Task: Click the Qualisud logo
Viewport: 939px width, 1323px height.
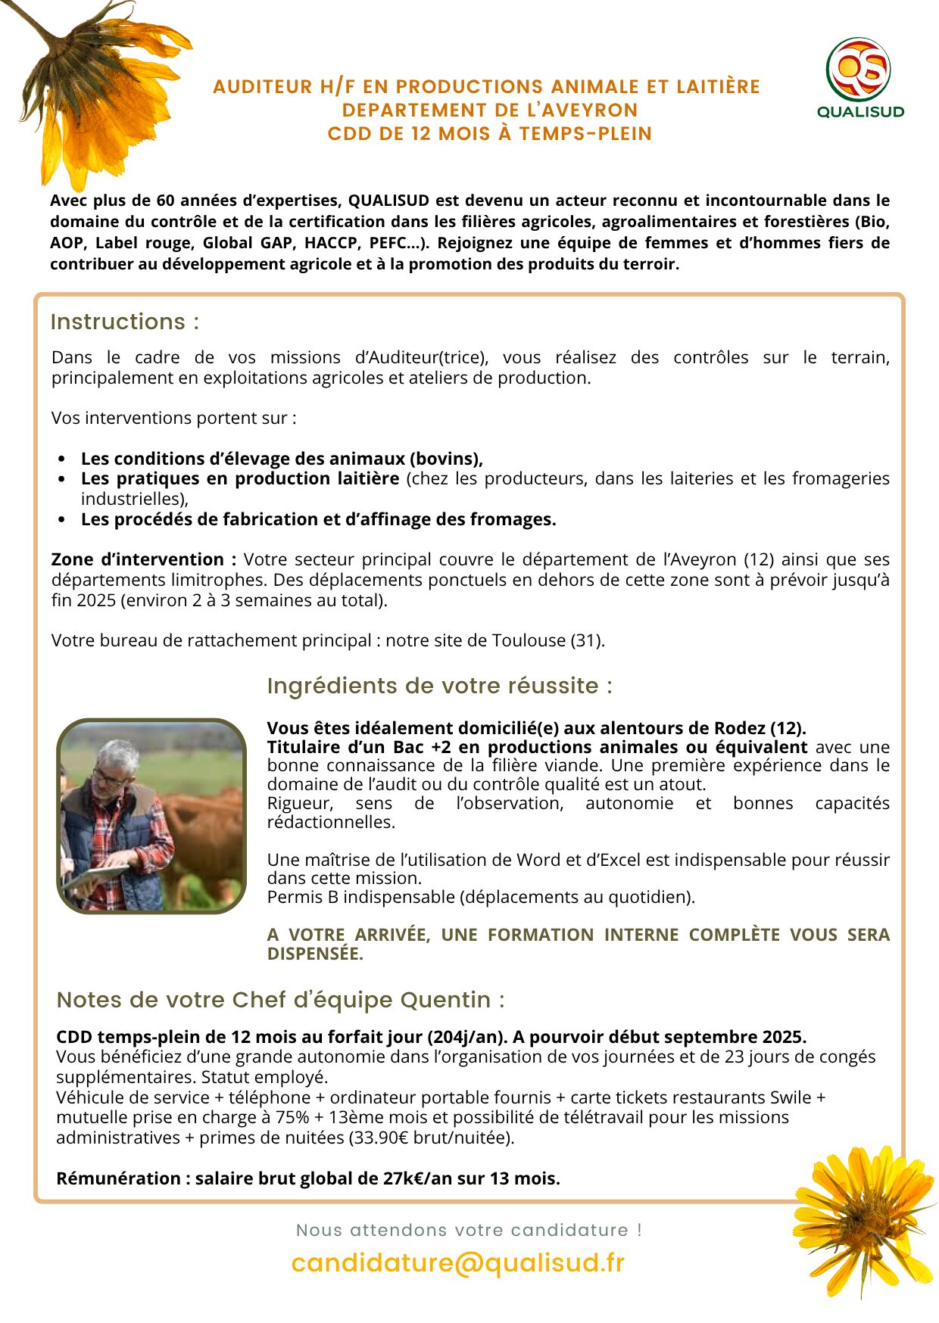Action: (859, 78)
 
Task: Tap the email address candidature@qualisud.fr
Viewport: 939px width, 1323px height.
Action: (457, 1262)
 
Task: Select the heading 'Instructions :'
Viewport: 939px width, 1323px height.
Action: (125, 322)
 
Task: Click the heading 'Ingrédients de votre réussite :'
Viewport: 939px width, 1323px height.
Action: (439, 686)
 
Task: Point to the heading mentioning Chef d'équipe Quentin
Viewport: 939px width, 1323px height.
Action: (280, 1000)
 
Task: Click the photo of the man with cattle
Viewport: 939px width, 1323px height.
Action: (151, 816)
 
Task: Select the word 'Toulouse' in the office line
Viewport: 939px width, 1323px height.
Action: (529, 640)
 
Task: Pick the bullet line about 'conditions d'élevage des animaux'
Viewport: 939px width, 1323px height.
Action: (282, 459)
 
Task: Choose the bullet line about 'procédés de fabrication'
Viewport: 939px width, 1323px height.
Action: (318, 519)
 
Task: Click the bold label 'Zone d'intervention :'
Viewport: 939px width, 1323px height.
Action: (144, 559)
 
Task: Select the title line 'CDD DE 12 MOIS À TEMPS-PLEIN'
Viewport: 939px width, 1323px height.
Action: (489, 134)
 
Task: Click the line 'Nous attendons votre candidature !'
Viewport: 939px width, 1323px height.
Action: (469, 1230)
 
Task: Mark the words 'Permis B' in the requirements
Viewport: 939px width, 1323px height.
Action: (302, 897)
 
